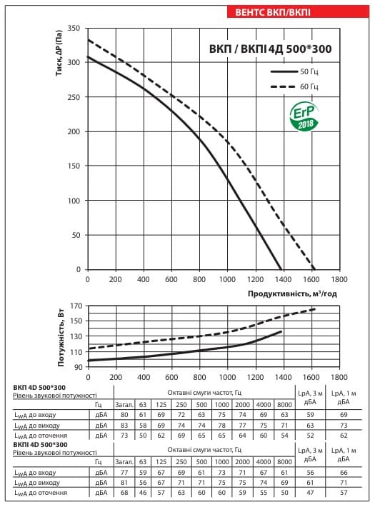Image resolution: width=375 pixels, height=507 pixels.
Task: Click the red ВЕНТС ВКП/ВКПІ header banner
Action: (298, 12)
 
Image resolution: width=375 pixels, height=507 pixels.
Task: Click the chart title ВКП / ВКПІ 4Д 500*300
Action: (270, 49)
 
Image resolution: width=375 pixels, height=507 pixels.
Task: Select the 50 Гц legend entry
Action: (294, 71)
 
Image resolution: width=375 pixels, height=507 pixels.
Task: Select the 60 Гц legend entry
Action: (294, 86)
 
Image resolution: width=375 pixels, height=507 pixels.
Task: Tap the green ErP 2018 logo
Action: (304, 117)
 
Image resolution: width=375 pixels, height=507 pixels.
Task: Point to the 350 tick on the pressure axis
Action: (74, 28)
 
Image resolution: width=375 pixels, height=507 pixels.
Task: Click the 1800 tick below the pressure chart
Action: (339, 279)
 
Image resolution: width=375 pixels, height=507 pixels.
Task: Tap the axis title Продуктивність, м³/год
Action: (292, 293)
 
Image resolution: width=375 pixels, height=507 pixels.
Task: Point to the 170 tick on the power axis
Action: (76, 306)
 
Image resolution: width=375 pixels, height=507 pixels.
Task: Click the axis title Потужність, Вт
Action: (61, 338)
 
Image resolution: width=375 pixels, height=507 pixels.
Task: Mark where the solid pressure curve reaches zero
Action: (281, 269)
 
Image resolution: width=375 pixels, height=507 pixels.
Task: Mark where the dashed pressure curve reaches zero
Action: (314, 269)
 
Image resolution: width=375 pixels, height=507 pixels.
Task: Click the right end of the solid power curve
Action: (281, 331)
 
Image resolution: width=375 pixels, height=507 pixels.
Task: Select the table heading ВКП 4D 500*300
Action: (39, 387)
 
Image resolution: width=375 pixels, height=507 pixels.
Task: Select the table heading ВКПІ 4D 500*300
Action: (40, 445)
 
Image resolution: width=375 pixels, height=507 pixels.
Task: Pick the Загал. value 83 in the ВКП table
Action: (124, 425)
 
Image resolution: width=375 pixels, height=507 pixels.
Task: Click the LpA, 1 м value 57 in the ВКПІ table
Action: (344, 493)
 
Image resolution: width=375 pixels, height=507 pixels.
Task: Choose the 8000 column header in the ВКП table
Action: (284, 404)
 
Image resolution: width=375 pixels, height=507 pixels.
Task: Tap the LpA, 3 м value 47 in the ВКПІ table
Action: (310, 493)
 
